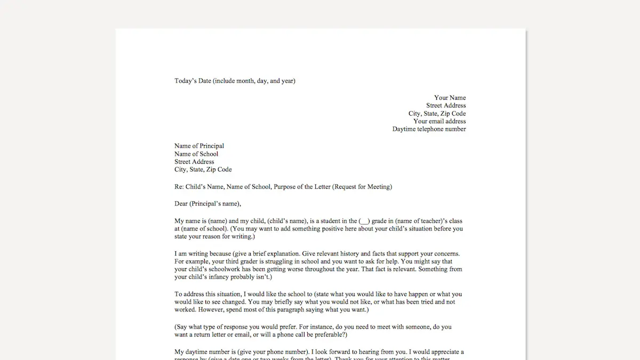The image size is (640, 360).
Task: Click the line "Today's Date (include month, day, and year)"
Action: [x=235, y=81]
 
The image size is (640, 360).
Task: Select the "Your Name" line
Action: [x=450, y=98]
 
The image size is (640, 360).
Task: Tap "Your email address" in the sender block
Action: [x=439, y=121]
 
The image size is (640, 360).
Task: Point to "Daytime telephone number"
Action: [x=429, y=129]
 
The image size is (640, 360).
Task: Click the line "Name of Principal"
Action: [x=199, y=146]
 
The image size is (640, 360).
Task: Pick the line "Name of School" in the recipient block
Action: [x=196, y=154]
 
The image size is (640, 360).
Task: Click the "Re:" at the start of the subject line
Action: [x=179, y=187]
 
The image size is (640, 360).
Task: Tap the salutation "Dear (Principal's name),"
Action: [x=207, y=204]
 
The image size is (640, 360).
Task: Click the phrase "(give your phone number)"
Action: [x=274, y=352]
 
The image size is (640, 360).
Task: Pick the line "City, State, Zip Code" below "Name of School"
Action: [x=203, y=170]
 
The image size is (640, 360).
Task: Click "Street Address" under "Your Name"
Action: [x=446, y=106]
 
